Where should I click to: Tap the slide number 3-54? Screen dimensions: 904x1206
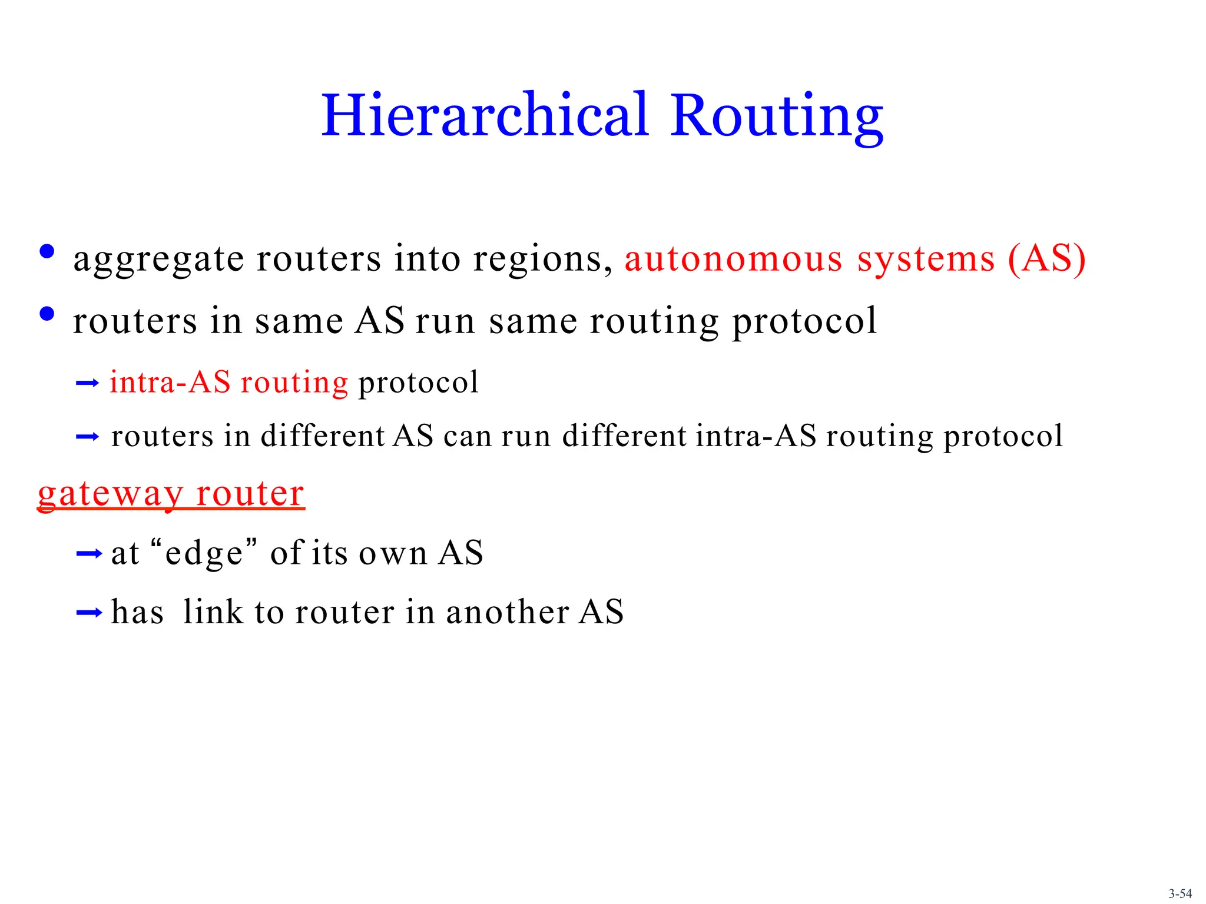[x=1180, y=893]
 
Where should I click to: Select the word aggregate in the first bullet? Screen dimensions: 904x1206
[x=158, y=260]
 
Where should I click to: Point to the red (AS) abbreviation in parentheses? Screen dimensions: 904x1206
[x=1046, y=258]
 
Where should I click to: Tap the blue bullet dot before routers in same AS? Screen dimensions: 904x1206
[x=47, y=314]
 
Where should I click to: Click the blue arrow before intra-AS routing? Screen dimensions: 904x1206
[x=87, y=384]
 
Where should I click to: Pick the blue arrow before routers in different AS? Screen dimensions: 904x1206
[x=87, y=437]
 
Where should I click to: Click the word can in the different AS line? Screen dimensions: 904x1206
[x=468, y=437]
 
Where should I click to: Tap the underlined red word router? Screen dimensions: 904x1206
[x=250, y=493]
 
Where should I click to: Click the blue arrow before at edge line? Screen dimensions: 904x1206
[x=89, y=553]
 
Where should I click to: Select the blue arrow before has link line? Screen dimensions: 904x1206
[x=89, y=613]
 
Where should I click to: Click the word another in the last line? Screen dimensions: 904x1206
[x=507, y=612]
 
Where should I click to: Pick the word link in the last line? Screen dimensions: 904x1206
[x=213, y=612]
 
